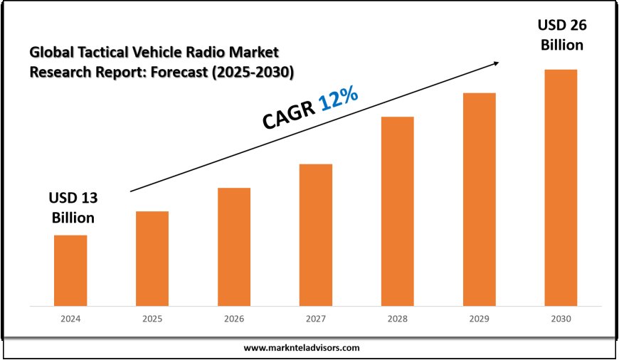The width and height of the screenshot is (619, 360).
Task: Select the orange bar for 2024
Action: tap(70, 270)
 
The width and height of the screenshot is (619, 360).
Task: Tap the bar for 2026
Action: tap(234, 247)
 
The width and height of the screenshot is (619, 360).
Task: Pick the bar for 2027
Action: tap(316, 235)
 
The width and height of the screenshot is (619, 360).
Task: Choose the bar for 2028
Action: tap(398, 211)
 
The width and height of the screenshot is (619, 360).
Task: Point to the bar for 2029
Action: tap(480, 199)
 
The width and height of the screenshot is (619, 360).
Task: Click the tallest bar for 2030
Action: tap(561, 188)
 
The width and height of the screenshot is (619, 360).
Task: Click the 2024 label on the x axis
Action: tap(70, 321)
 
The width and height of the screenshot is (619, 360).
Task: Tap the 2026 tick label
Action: tap(234, 321)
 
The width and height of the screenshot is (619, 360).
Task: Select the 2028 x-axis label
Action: tap(398, 321)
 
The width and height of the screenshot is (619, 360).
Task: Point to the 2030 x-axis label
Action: tap(561, 321)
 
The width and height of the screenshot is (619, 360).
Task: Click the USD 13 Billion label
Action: tap(71, 207)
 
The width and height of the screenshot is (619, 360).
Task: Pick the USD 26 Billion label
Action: tap(561, 36)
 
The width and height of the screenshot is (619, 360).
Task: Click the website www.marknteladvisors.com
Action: tap(302, 348)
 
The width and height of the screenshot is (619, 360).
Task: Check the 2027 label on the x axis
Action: tap(316, 321)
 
